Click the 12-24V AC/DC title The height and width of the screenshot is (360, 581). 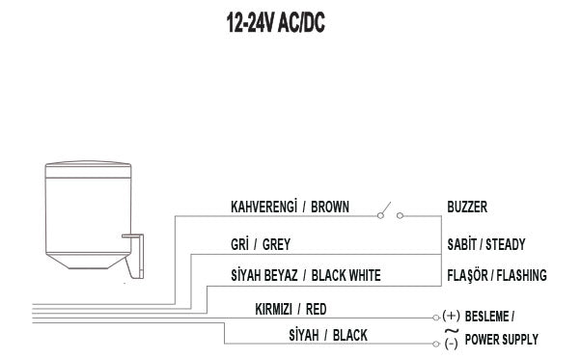coord(275,24)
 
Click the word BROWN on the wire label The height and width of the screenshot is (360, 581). coord(330,207)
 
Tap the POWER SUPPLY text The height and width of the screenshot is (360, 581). coord(501,340)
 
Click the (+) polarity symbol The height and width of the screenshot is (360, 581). coord(451,316)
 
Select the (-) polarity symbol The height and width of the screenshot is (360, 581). coord(451,345)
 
